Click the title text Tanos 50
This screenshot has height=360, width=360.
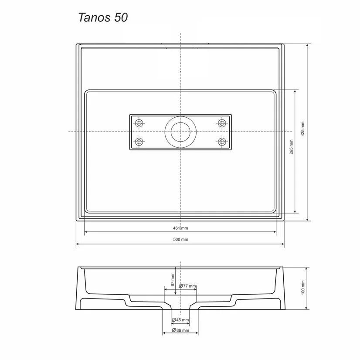tap(103, 17)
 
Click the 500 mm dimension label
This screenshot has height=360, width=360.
tap(180, 239)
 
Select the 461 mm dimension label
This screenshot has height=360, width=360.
tap(180, 228)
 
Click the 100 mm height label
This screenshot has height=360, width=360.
tap(302, 288)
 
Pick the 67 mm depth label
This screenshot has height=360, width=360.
tap(173, 279)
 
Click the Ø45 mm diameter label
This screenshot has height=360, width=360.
tap(180, 320)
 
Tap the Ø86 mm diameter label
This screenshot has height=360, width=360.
tap(180, 330)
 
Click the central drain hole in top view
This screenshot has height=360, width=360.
tap(180, 131)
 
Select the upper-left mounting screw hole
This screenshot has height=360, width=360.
tap(140, 123)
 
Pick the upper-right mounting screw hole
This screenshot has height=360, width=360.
tap(222, 123)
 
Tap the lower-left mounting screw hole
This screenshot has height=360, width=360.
tap(140, 142)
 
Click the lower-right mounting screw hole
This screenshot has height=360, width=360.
tap(222, 142)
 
